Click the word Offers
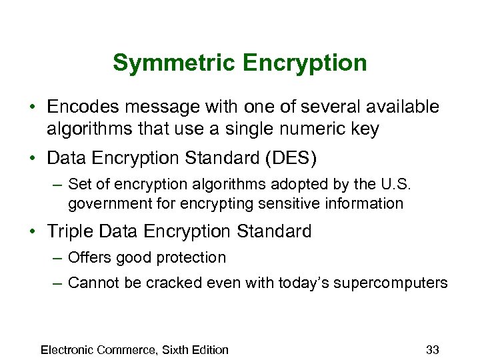89,257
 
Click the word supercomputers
393,283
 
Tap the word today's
302,283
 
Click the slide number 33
433,349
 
